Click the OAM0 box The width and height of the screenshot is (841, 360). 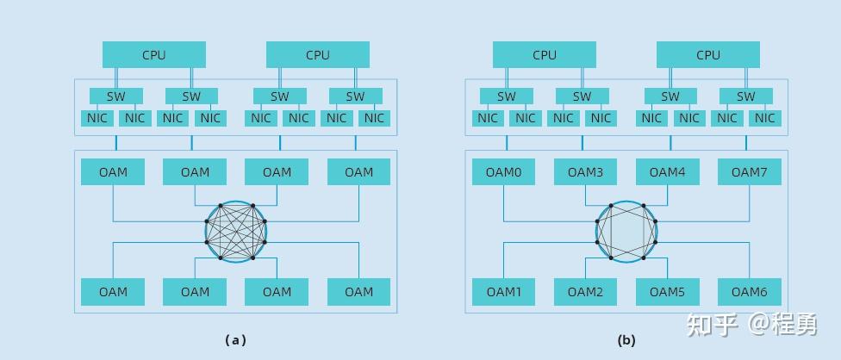(503, 171)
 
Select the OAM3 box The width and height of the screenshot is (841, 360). (585, 171)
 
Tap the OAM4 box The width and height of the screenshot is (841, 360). (667, 171)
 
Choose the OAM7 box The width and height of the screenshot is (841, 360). (749, 171)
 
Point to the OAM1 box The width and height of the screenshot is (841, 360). (503, 291)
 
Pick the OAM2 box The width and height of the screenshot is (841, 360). (585, 291)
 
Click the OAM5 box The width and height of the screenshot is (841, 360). (667, 291)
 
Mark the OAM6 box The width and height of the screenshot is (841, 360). (749, 291)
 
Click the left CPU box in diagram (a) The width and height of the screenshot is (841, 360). (154, 54)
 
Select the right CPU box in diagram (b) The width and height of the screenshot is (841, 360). (707, 54)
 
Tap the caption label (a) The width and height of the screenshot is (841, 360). (235, 340)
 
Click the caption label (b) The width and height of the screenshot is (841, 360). (626, 340)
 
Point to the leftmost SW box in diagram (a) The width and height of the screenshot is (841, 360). (116, 96)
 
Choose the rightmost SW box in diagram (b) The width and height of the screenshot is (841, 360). (745, 96)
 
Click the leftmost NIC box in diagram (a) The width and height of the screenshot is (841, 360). (97, 118)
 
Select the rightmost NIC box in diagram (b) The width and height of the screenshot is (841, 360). (765, 118)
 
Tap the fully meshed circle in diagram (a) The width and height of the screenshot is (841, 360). (235, 232)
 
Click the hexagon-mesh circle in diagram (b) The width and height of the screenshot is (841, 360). (626, 232)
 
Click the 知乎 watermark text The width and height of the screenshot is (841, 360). (712, 325)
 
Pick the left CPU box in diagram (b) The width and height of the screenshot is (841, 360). (545, 54)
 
